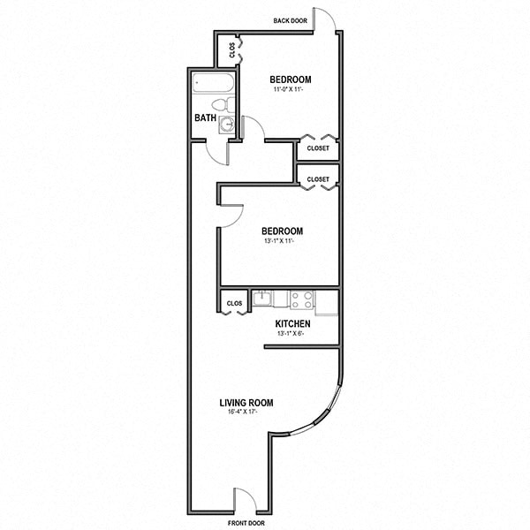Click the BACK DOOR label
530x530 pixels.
coord(289,21)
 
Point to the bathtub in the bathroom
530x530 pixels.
coord(213,87)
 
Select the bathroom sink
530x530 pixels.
coord(228,125)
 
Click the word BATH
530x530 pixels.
coord(205,117)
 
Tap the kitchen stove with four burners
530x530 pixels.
coord(302,299)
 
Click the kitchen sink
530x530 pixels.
coord(262,299)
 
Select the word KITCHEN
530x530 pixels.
coord(292,324)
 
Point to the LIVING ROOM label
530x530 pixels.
coord(246,403)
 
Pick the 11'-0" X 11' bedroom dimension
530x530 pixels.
coord(291,90)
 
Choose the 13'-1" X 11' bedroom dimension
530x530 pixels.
coord(281,241)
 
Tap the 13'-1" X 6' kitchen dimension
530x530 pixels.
coord(292,335)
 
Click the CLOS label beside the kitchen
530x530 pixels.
coord(234,303)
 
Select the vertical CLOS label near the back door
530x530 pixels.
coord(232,49)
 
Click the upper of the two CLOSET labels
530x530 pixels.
coord(318,148)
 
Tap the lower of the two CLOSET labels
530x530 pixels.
coord(318,179)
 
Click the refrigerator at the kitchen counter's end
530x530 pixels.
coord(327,300)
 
